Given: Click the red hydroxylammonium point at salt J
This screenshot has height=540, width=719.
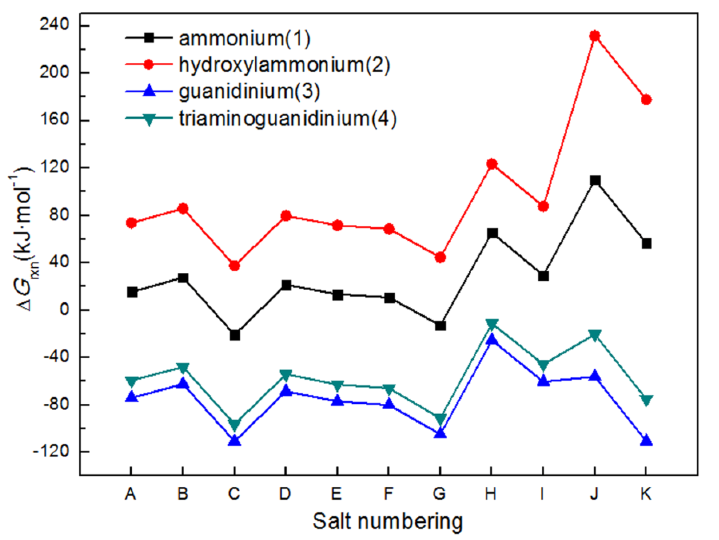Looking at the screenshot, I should point(594,36).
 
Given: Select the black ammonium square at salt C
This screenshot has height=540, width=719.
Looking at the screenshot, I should point(235,335).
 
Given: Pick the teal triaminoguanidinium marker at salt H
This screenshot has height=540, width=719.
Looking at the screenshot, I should point(492,324).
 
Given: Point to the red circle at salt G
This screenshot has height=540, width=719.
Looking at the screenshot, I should point(440,258).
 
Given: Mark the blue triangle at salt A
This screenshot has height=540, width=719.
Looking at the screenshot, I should point(132,397).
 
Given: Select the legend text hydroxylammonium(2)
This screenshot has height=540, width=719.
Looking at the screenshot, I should point(284,65).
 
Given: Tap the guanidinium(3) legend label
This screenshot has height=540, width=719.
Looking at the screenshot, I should point(249,91).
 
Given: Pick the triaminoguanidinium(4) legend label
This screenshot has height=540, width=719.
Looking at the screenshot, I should point(287,118).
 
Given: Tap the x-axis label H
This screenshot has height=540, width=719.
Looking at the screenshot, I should point(491,494).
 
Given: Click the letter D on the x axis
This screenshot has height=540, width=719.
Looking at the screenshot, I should point(285,494).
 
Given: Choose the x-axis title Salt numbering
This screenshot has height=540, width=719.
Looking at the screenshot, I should point(387,522).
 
